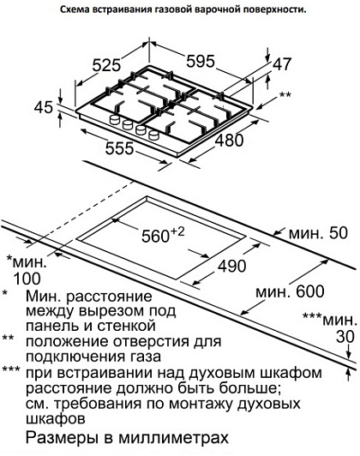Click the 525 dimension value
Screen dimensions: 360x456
point(106,65)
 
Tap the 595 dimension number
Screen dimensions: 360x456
point(201,62)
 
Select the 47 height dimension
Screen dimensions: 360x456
point(281,64)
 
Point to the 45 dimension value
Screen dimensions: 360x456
point(44,107)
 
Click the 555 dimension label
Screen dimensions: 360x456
point(119,148)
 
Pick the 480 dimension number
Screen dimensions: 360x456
point(230,141)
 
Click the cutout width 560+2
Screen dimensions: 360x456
point(163,235)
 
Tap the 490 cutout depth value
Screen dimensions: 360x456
point(232,266)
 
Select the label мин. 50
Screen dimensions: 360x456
point(318,233)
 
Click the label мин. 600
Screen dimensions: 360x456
point(290,291)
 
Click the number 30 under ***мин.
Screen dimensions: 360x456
point(345,337)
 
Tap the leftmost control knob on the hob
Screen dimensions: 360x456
point(115,120)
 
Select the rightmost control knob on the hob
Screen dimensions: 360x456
point(154,135)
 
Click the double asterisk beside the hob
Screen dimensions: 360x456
point(285,95)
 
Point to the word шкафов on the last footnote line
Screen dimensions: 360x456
point(56,419)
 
